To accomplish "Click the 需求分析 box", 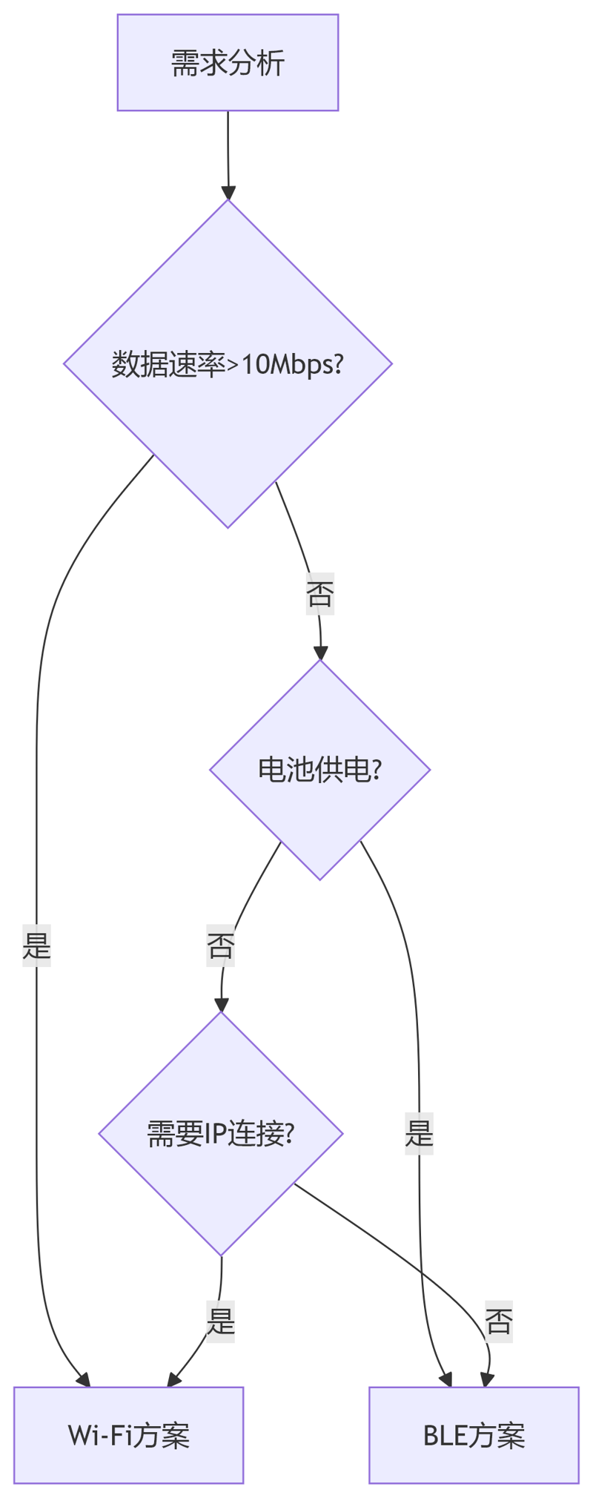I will [228, 63].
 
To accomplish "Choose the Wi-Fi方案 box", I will [128, 1435].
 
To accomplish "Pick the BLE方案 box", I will [474, 1435].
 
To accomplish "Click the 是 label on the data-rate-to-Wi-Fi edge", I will [37, 946].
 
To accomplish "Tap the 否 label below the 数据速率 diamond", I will [320, 593].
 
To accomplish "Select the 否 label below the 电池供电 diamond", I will [221, 946].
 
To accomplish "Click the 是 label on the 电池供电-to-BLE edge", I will [419, 1133].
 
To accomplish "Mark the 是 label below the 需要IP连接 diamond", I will [221, 1322].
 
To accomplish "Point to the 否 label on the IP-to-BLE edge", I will [499, 1322].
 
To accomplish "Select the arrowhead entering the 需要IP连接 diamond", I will [221, 1005].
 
